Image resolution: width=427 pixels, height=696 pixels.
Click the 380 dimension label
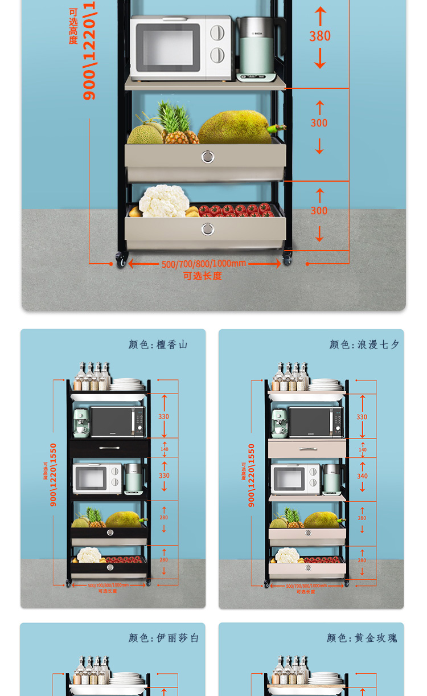[x=320, y=36]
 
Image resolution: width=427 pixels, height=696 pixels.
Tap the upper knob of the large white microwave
[x=217, y=32]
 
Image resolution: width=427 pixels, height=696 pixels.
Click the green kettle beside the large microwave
[x=256, y=48]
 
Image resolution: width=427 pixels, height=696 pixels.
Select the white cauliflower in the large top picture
[x=164, y=202]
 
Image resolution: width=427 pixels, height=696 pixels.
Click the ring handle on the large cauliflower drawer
[x=208, y=229]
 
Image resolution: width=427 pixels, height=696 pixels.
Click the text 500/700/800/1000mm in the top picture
[x=204, y=264]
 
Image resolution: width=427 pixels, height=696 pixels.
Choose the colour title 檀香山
[x=172, y=345]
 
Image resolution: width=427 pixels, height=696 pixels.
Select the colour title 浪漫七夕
[x=378, y=345]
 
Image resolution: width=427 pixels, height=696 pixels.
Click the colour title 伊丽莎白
[x=178, y=638]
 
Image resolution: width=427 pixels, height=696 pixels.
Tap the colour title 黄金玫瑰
[x=376, y=638]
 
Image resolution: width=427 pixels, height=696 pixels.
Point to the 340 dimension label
[x=362, y=476]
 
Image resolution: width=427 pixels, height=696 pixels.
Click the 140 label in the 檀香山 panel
[x=165, y=449]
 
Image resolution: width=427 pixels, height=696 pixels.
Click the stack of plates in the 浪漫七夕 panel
[x=325, y=385]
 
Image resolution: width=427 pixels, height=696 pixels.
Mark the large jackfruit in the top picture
[x=235, y=128]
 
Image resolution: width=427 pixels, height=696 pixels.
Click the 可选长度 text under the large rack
[x=202, y=276]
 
